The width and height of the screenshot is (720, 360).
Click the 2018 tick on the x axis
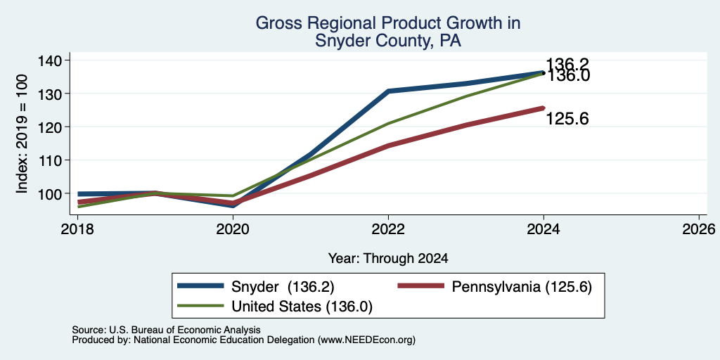click(77, 229)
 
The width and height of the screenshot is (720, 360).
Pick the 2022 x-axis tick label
click(388, 229)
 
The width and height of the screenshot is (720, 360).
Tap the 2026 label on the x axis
click(699, 229)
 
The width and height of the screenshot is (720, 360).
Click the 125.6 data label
click(567, 120)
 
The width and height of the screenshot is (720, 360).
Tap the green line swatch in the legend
click(200, 306)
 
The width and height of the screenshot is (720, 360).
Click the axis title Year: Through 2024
click(388, 259)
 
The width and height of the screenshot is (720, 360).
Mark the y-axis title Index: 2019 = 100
click(22, 134)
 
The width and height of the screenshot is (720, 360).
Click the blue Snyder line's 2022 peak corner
click(388, 91)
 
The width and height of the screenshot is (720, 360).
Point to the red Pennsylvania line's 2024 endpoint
click(544, 108)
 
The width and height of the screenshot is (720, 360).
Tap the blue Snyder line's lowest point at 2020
click(233, 205)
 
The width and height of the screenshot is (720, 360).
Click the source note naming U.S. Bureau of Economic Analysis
click(166, 330)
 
